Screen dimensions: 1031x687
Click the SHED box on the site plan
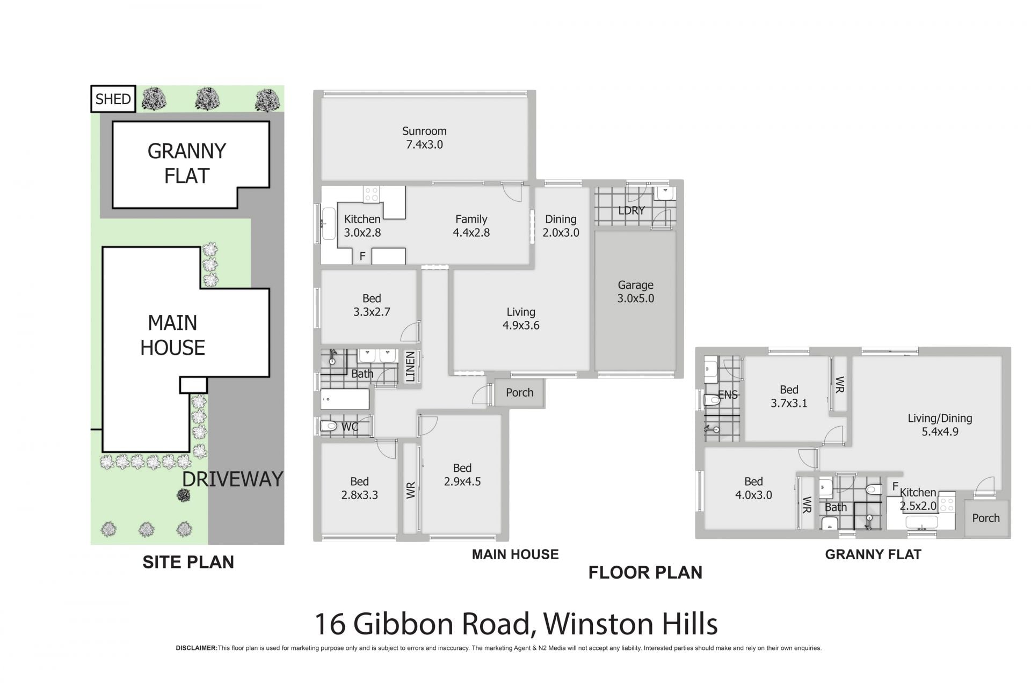click(113, 99)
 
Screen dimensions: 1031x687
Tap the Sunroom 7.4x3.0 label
click(424, 137)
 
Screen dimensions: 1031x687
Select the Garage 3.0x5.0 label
click(635, 291)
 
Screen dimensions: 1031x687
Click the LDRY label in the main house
click(631, 210)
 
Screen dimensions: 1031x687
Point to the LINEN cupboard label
click(410, 367)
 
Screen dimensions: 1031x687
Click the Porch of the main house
click(519, 392)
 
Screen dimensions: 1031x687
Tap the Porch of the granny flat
click(986, 518)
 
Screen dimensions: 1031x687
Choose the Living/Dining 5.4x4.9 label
click(940, 425)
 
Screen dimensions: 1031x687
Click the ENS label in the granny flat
click(728, 395)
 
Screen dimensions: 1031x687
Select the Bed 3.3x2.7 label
click(372, 305)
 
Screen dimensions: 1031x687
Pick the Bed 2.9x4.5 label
click(462, 474)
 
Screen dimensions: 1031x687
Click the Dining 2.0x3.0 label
click(561, 225)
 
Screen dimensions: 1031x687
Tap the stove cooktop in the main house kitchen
click(371, 194)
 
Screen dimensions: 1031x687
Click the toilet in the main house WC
click(328, 427)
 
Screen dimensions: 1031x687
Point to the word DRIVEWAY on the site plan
click(233, 479)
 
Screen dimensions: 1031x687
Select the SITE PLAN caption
click(188, 562)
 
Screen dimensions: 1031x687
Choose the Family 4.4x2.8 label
click(471, 225)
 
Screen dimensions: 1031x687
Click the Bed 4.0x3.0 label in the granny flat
click(753, 488)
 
